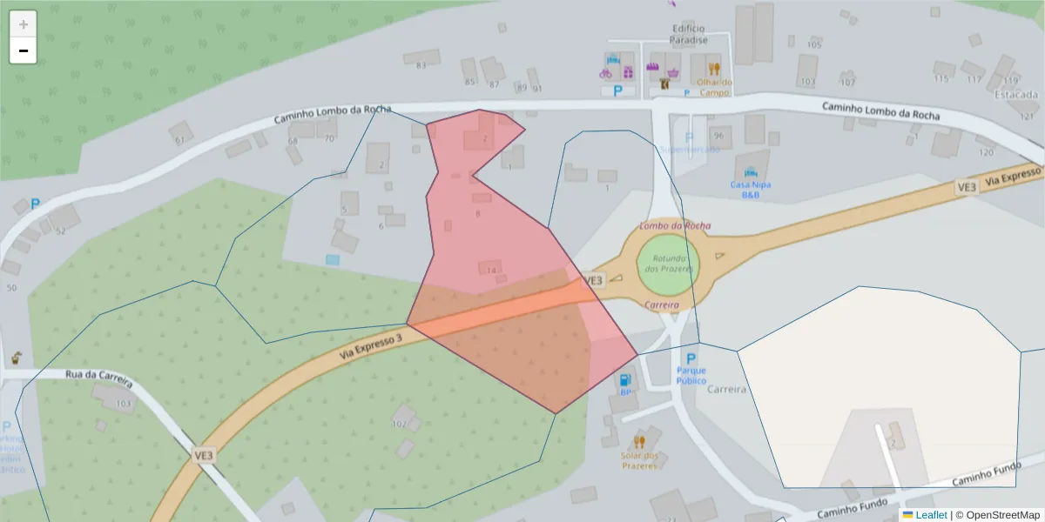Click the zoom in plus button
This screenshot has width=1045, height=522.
coord(24,23)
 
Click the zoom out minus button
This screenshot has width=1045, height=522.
coord(24,50)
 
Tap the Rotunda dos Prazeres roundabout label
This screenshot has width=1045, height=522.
coord(668,263)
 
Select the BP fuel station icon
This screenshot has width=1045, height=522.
coord(624,379)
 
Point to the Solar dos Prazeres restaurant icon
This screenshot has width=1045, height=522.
coord(640,441)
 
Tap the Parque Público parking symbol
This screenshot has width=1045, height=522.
coord(691,358)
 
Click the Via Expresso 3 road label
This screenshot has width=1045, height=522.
coord(371,342)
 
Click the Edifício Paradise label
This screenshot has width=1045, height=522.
coord(688,34)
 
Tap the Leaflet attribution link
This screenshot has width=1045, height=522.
coord(931,515)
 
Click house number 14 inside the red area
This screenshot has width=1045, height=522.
coord(491,271)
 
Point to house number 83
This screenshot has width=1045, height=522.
coord(421,65)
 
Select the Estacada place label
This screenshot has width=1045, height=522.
coord(1016,94)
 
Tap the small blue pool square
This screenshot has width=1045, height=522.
coord(333,259)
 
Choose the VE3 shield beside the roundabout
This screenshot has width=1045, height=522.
coord(592,280)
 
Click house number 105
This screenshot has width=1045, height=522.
coord(814,44)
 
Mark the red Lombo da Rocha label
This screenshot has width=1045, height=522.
coord(675,226)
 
